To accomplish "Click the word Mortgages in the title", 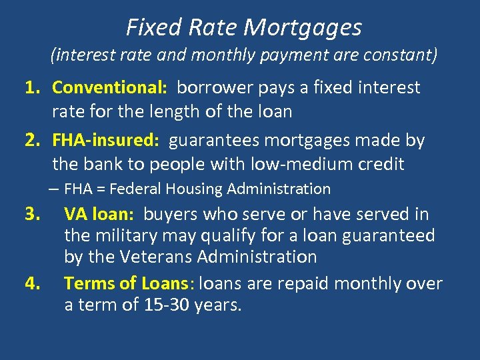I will (303, 28).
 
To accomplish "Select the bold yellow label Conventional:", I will (109, 87).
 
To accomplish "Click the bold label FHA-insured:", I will (105, 141).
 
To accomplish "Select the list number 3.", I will (33, 214).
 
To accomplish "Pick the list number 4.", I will (33, 283).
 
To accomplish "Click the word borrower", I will (211, 87).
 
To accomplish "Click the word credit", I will (382, 163).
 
